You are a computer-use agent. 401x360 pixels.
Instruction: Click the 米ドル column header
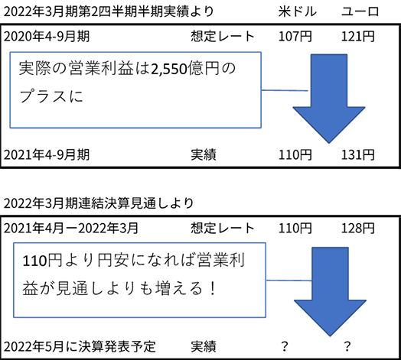pyautogui.click(x=298, y=11)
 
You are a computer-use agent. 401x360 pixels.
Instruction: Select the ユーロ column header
pyautogui.click(x=360, y=11)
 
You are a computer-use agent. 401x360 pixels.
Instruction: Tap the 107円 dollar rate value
pyautogui.click(x=295, y=36)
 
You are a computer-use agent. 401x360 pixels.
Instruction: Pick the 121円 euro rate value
pyautogui.click(x=358, y=36)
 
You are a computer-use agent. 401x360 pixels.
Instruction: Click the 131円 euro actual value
pyautogui.click(x=358, y=155)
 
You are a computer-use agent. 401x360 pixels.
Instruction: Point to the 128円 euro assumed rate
pyautogui.click(x=358, y=229)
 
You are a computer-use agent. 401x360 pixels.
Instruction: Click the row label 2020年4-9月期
pyautogui.click(x=47, y=36)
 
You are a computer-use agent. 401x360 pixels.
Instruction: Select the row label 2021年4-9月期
pyautogui.click(x=47, y=155)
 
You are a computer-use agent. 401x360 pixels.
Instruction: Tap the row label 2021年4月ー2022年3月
pyautogui.click(x=71, y=229)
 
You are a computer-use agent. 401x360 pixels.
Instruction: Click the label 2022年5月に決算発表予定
pyautogui.click(x=80, y=347)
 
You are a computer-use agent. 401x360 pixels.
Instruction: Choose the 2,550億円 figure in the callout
pyautogui.click(x=185, y=69)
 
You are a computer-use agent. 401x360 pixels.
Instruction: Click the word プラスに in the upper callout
pyautogui.click(x=51, y=96)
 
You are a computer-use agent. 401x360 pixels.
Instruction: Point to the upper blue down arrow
pyautogui.click(x=329, y=99)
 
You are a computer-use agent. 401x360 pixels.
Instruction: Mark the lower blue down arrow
pyautogui.click(x=330, y=291)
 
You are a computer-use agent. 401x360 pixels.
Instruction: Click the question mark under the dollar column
pyautogui.click(x=285, y=346)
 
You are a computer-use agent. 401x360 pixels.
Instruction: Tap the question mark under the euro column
pyautogui.click(x=347, y=346)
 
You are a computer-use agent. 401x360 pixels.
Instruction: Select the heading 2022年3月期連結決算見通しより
pyautogui.click(x=99, y=203)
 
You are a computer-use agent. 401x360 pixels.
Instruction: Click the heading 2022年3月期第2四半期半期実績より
pyautogui.click(x=109, y=11)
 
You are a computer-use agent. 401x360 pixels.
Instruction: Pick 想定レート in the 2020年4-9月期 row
pyautogui.click(x=223, y=36)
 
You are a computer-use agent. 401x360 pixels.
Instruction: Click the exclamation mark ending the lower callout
pyautogui.click(x=212, y=288)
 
